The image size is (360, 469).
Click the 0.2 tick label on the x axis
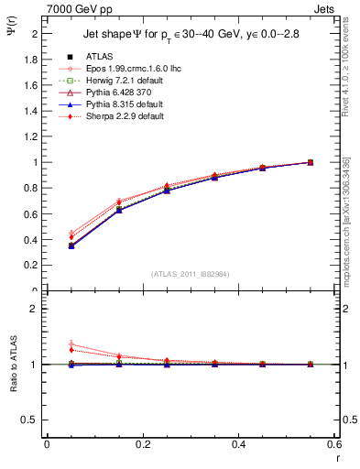point(142,444)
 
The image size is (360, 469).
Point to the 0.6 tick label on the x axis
point(333,444)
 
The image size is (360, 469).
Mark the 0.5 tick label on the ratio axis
point(32,420)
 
